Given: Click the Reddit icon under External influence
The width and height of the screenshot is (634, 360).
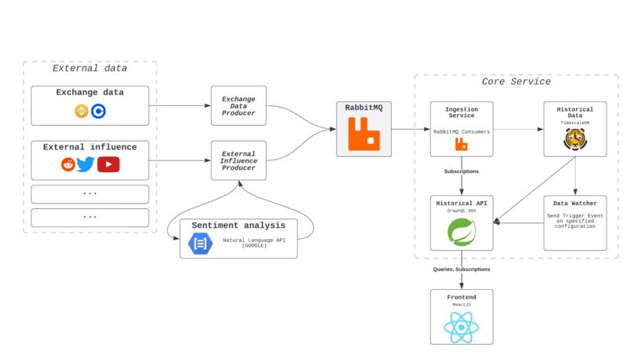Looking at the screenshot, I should click(68, 164).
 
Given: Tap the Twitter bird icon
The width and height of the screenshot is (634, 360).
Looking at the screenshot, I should click(86, 164).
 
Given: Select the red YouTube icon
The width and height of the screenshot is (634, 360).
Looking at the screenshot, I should click(109, 164).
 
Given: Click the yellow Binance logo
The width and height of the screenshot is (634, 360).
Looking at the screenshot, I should click(81, 112).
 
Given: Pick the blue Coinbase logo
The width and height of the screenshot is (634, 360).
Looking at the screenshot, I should click(98, 112).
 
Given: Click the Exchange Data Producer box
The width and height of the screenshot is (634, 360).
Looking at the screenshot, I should click(238, 106).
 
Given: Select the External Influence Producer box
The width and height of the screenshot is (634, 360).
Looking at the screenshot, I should click(238, 161).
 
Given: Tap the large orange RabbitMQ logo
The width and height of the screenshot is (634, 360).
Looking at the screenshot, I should click(363, 134).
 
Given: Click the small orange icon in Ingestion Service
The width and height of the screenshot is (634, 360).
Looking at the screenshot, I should click(462, 145).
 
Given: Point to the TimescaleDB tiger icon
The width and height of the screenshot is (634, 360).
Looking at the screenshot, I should click(575, 140).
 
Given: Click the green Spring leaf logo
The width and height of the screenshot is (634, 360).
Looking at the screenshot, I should click(462, 232).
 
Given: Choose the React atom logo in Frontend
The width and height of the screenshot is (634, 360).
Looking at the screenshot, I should click(462, 326).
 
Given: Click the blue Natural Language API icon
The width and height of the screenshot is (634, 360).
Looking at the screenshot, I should click(200, 244).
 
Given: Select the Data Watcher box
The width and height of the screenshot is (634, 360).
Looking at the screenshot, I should click(575, 223).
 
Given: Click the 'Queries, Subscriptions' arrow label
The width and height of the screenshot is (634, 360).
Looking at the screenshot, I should click(462, 270).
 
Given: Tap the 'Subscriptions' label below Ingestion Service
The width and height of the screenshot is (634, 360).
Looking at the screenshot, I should click(462, 171).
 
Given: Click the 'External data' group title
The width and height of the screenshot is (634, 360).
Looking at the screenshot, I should click(90, 68).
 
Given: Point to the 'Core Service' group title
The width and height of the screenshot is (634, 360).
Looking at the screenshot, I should click(516, 82).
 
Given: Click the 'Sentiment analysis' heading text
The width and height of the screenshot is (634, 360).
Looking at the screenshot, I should click(238, 226).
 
